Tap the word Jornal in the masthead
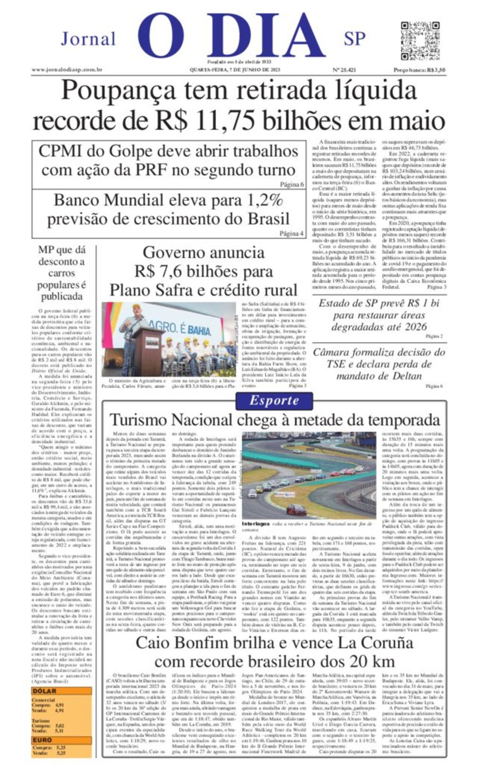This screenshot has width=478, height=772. [88, 39]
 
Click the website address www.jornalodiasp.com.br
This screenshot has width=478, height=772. [67, 70]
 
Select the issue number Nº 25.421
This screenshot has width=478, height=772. [344, 70]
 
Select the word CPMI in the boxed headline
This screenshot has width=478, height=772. [63, 152]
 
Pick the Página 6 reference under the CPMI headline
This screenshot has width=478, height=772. [292, 185]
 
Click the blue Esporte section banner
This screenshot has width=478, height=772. [274, 400]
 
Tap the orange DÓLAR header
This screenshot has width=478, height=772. [44, 691]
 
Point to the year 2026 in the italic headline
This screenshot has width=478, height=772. [415, 327]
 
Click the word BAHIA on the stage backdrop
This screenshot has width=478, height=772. [199, 331]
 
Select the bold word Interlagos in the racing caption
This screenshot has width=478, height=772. [256, 524]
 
